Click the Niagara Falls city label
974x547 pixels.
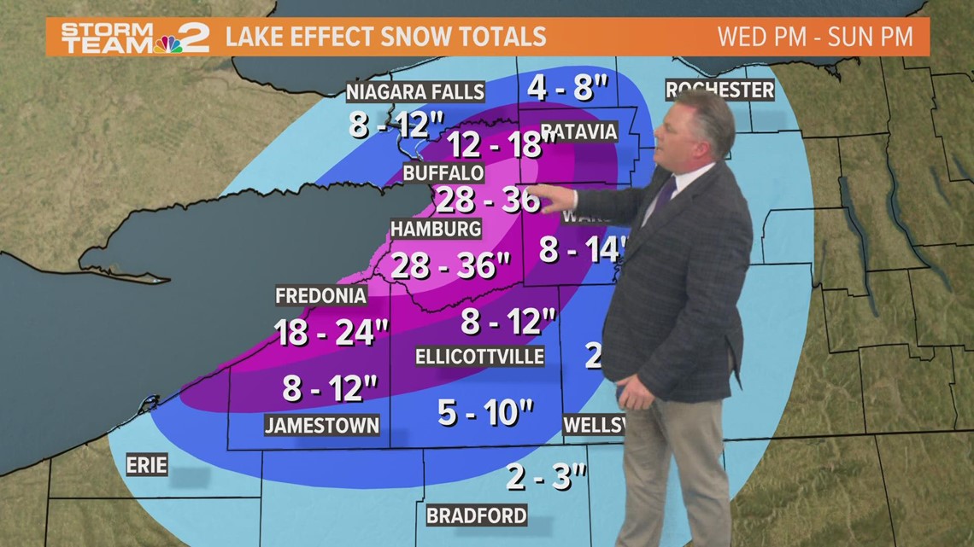[x=415, y=91]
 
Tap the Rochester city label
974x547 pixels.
[x=719, y=90]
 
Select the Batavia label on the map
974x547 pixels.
[x=578, y=131]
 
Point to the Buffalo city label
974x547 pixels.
[x=443, y=173]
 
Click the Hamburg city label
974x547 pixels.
[x=436, y=229]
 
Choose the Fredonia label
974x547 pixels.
[x=320, y=295]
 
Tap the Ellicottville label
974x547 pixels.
[x=479, y=356]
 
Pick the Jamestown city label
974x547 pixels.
[x=321, y=425]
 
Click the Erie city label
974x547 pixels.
[x=146, y=465]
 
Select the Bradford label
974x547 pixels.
[x=476, y=515]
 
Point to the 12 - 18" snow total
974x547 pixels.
[x=496, y=144]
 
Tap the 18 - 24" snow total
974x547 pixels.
[x=326, y=332]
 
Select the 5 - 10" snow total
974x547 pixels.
[x=484, y=413]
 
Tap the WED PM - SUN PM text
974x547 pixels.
[x=815, y=38]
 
